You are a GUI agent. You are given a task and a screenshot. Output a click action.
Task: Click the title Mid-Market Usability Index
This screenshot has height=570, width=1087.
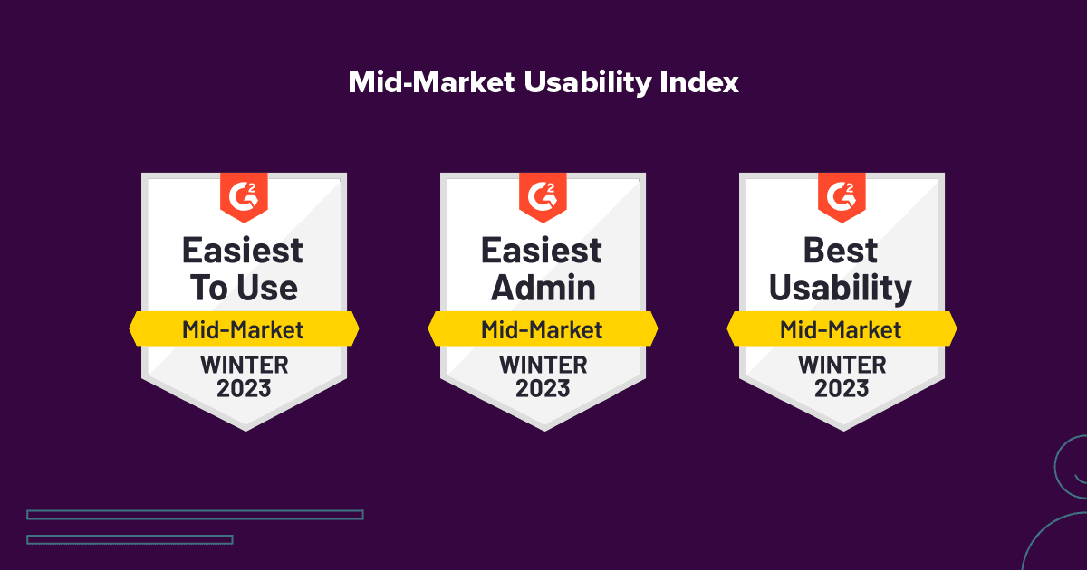point(543,82)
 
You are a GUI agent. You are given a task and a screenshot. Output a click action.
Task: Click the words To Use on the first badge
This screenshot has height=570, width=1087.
point(244,288)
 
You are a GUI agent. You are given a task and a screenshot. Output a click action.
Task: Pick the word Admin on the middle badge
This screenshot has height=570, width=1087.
point(543,288)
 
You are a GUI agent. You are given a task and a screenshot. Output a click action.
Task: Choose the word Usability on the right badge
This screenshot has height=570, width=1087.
point(842,288)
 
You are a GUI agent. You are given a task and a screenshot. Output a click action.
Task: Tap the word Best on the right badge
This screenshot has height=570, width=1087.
point(842,250)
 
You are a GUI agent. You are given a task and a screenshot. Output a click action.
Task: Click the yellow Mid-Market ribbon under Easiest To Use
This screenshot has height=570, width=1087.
point(244,329)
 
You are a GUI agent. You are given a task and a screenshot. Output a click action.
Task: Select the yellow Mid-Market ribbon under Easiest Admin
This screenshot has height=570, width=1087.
point(543,329)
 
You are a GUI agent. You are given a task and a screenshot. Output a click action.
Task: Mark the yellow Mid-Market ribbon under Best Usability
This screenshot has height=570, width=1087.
point(842,329)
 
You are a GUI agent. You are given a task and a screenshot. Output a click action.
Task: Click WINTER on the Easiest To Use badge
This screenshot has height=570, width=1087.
point(244,366)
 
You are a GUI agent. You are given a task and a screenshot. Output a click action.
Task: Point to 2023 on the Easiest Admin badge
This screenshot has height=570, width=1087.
point(543,389)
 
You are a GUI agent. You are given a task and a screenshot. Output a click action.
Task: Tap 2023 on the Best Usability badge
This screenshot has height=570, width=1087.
point(842,389)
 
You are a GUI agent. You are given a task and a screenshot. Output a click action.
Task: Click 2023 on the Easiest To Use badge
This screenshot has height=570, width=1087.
point(244,389)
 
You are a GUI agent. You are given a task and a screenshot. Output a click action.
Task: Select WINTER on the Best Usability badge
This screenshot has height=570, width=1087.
point(842,366)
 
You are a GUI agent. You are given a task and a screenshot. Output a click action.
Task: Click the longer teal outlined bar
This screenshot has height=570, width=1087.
point(195,515)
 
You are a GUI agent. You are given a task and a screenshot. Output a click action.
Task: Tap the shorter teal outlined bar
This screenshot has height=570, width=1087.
point(130,539)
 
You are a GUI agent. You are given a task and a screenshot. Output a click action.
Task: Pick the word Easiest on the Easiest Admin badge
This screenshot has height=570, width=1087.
point(543,250)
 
